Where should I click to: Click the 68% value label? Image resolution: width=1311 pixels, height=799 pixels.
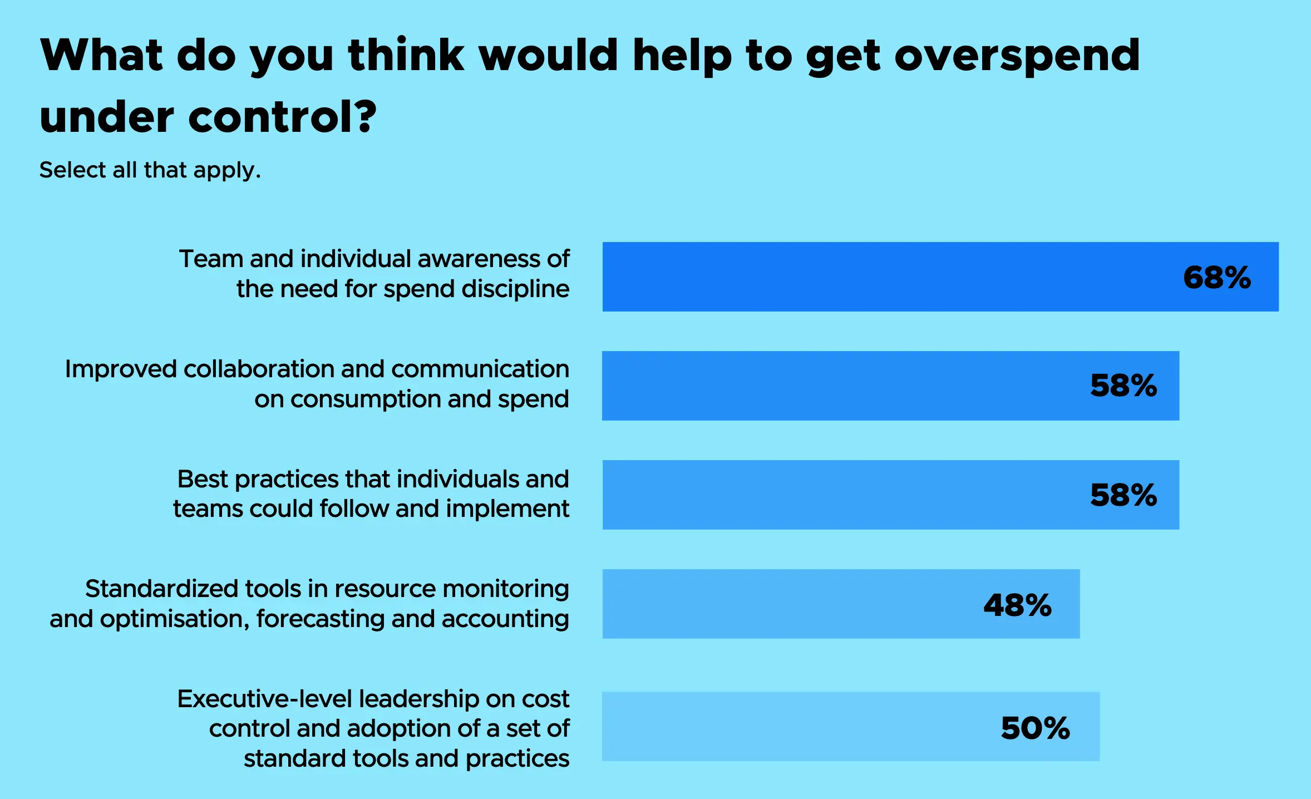pos(1216,277)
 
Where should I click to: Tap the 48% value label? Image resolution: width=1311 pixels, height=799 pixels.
pos(1017,605)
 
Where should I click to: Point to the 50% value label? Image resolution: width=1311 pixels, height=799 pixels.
pos(1035,728)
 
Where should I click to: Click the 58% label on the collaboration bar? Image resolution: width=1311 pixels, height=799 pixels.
pos(1123,385)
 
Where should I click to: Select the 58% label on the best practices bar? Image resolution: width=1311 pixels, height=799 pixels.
pos(1123,495)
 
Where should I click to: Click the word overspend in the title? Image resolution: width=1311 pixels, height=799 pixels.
pos(1017,57)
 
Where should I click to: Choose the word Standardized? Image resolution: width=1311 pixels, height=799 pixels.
pos(161,589)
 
